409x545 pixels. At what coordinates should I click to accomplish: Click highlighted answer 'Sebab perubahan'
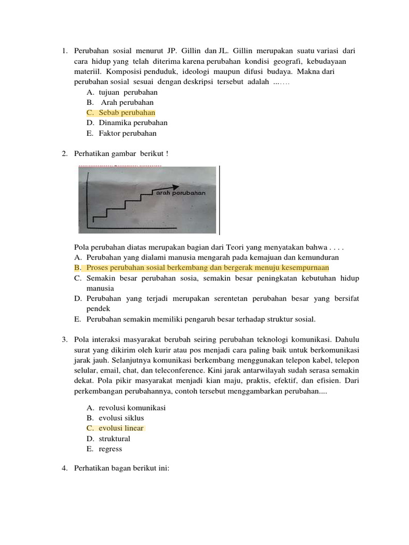click(127, 113)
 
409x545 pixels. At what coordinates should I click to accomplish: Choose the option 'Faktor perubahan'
click(127, 134)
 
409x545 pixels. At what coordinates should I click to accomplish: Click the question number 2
click(63, 154)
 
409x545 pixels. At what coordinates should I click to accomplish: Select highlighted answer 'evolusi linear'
click(121, 428)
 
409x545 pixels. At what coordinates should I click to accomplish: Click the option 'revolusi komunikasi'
click(132, 408)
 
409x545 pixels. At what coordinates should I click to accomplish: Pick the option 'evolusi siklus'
click(121, 418)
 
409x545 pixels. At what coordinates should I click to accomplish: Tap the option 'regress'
click(110, 449)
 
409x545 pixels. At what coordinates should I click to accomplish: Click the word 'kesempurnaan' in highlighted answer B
click(306, 267)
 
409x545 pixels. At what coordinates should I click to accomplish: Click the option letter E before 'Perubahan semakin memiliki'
click(78, 319)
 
